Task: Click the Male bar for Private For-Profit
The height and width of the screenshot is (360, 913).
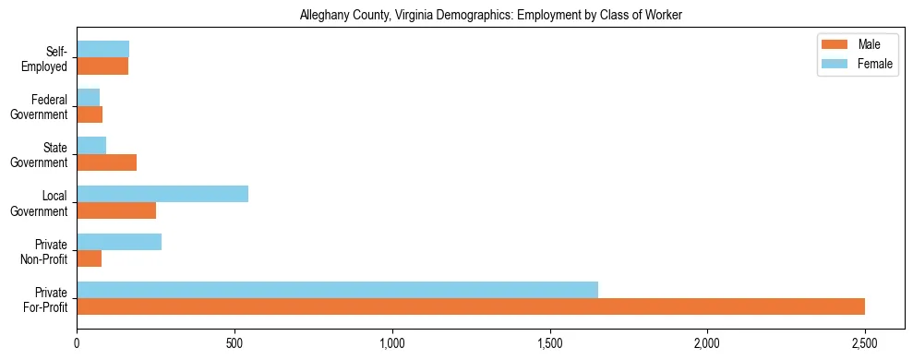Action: pos(471,306)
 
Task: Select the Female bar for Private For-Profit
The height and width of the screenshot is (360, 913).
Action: pos(337,290)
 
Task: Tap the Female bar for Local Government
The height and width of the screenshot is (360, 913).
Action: pos(162,194)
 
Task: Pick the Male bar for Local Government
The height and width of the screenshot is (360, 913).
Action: pos(116,210)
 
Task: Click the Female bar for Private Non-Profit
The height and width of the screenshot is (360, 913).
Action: pos(119,242)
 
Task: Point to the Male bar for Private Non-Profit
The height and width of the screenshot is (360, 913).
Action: pos(90,258)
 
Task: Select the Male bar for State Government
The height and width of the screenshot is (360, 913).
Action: pos(107,162)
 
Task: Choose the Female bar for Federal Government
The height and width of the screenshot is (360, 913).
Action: pos(89,97)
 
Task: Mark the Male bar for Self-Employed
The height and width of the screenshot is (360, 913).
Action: pos(102,66)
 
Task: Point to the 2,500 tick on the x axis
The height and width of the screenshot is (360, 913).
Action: pos(865,324)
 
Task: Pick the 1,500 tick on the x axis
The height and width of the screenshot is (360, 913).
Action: pos(550,324)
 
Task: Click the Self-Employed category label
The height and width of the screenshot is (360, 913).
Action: pos(47,58)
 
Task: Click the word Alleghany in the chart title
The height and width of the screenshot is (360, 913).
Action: pos(324,16)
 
